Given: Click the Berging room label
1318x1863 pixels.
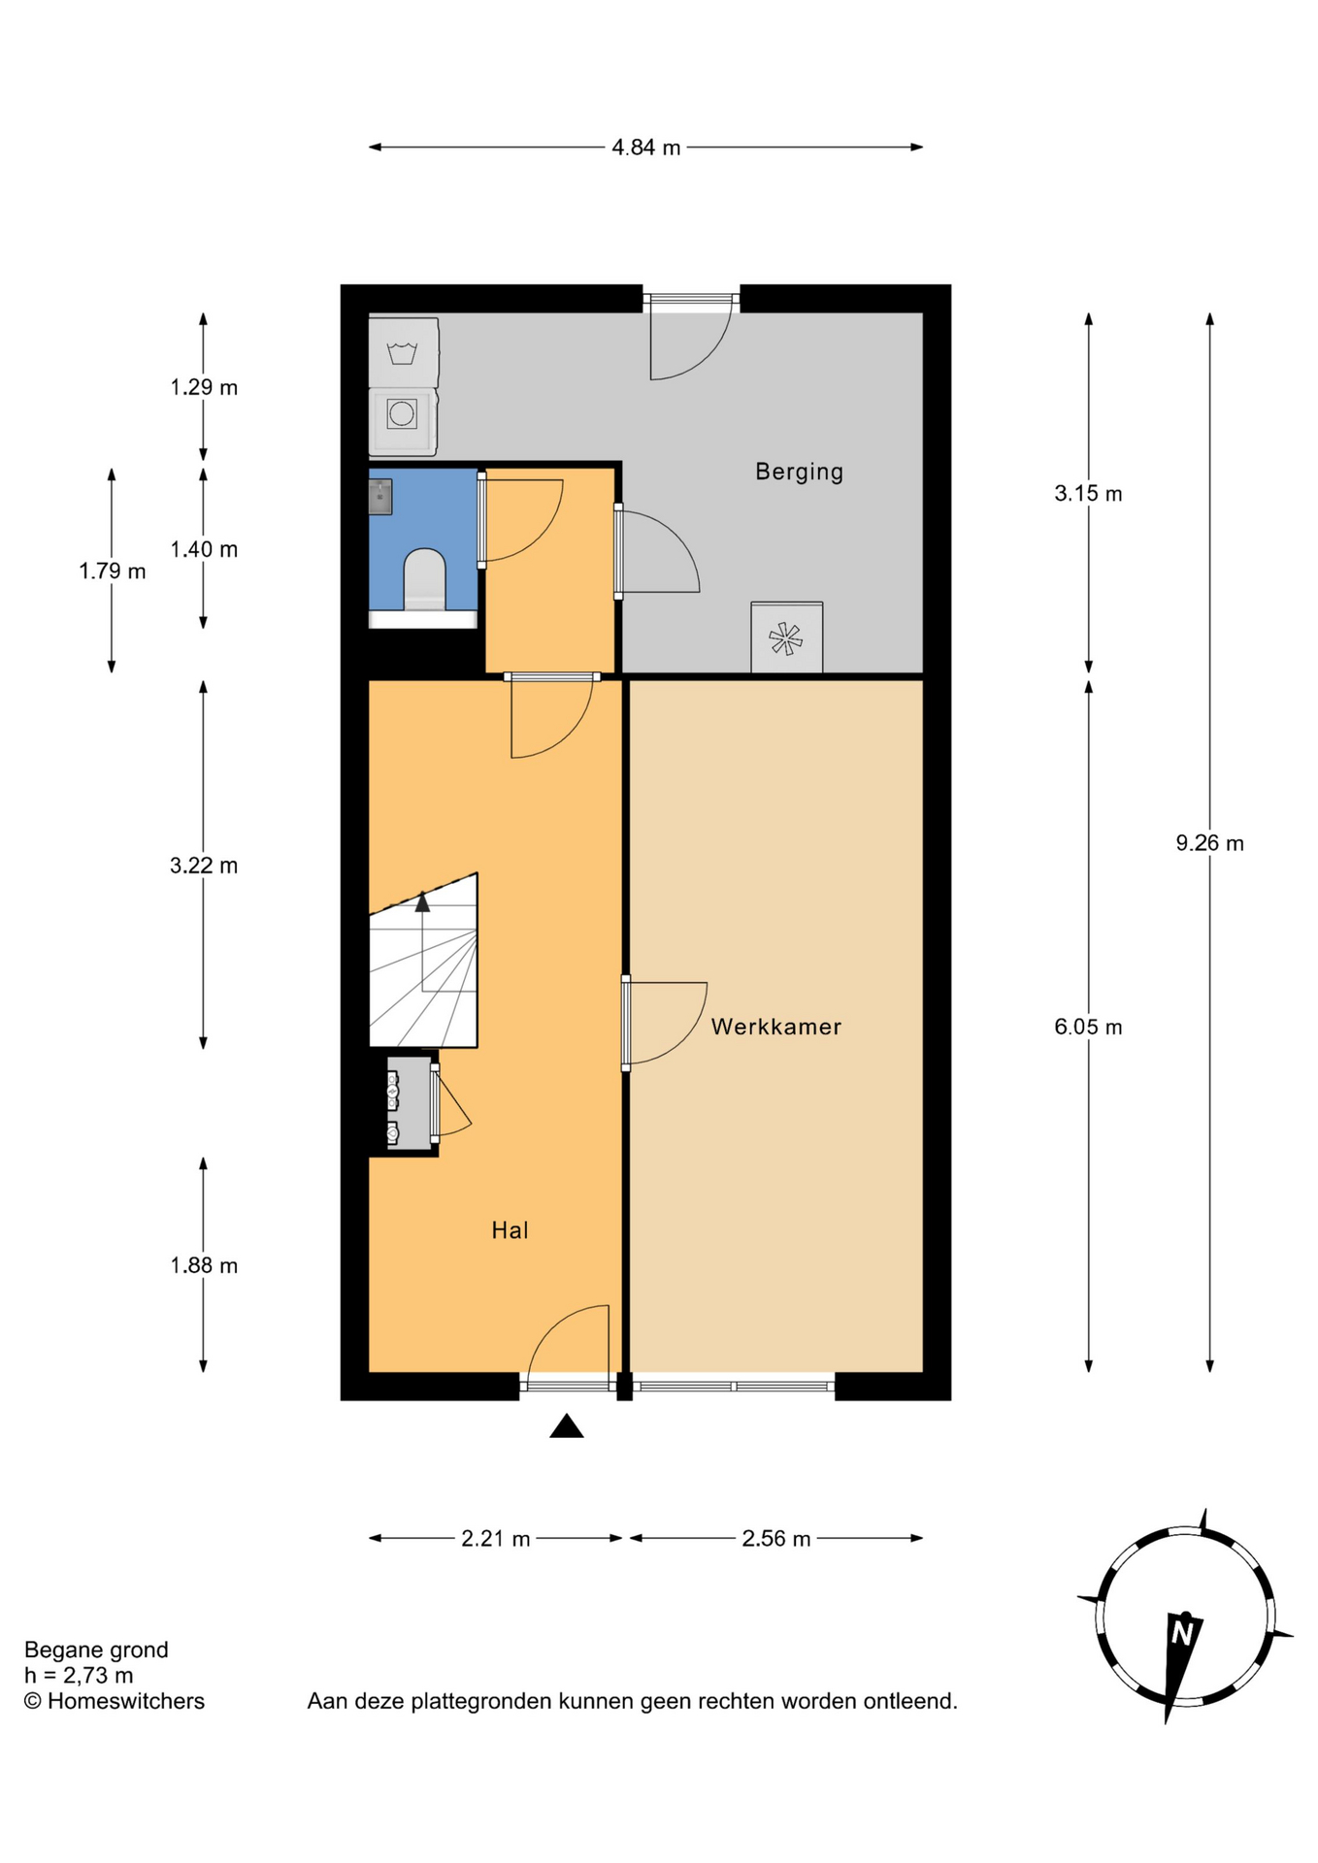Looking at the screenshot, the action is tap(799, 473).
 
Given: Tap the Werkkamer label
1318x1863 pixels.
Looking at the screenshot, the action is tap(775, 1027).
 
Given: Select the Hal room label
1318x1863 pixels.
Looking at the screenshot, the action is tap(510, 1230).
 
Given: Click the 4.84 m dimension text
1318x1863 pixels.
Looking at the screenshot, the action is tap(645, 147).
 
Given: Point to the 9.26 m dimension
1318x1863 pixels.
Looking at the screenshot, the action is tap(1209, 843).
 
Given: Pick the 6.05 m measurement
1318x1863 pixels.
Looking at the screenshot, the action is tap(1088, 1027).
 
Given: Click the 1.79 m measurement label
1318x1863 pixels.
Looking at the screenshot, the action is tap(113, 572).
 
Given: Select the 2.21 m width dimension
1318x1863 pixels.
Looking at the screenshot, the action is tap(495, 1539).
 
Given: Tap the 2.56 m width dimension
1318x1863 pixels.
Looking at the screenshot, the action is tap(775, 1539).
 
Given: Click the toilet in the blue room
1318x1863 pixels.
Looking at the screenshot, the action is tap(424, 580).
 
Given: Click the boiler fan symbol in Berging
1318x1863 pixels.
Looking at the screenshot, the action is tap(786, 638).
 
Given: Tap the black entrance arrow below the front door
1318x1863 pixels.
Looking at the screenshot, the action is tap(567, 1425).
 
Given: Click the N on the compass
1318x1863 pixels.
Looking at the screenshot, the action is tap(1182, 1634).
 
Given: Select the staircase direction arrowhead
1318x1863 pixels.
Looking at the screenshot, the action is tap(422, 902).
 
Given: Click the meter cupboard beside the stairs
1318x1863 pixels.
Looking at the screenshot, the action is tap(410, 1104).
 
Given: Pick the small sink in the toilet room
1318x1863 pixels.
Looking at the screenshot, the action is tap(380, 496).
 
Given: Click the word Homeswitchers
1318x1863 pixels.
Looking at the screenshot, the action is tap(126, 1701).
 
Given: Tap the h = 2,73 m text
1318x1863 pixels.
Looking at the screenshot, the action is tap(79, 1676).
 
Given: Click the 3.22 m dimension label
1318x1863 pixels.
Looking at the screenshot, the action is tap(204, 866).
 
